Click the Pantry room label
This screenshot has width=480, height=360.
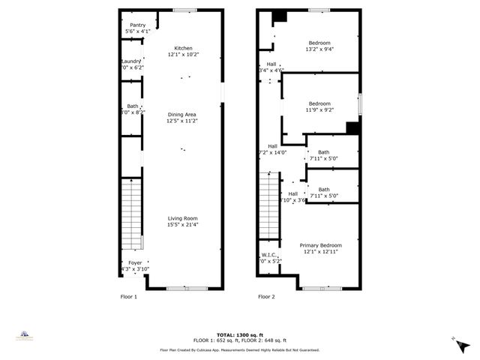pos(137,25)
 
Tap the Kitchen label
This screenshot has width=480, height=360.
pos(184,48)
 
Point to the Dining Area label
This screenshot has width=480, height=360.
pos(181,114)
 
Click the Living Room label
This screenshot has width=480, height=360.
pos(182,218)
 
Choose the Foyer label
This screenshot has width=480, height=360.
pos(135,262)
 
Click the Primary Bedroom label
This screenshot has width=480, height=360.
pos(320,245)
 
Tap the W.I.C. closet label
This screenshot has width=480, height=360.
pos(269,255)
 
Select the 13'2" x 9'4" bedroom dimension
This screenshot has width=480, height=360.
pos(320,49)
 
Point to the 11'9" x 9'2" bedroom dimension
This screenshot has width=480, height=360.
pos(319,110)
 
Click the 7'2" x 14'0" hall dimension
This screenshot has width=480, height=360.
pos(272,152)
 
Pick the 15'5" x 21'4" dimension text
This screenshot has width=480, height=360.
pos(182,224)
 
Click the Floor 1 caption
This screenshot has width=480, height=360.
pos(129,296)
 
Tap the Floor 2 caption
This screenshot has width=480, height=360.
pos(266,296)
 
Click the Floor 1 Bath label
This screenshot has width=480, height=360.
pos(132,106)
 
